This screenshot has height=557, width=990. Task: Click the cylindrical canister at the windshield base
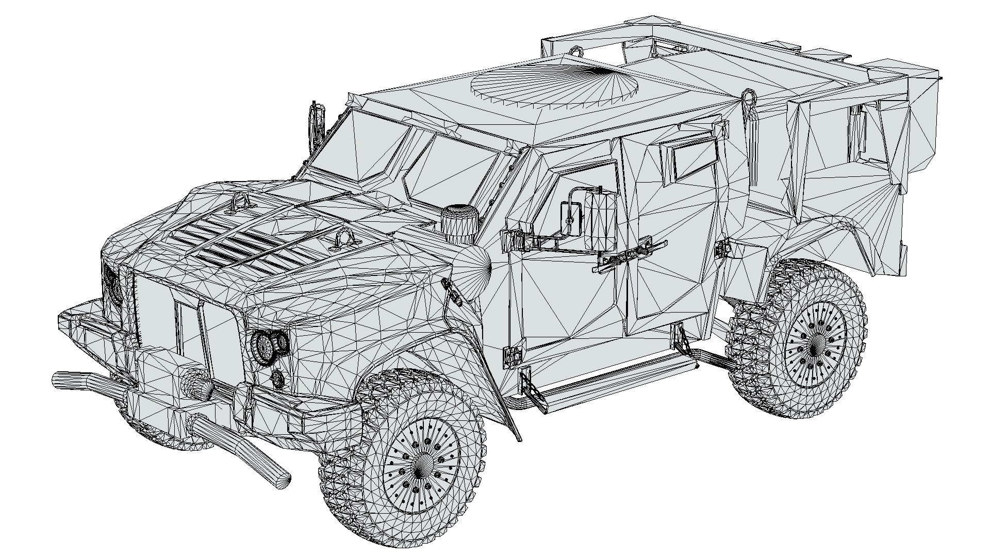458,222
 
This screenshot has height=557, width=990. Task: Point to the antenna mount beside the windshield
315,126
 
